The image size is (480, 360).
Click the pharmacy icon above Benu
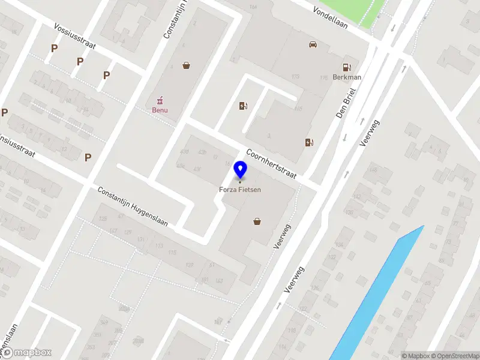tap(160, 101)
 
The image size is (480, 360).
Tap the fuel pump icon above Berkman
tap(346, 67)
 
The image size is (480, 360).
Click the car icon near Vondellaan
tap(312, 44)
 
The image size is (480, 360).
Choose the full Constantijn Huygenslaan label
tap(133, 206)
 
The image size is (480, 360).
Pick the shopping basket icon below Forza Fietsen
tap(257, 221)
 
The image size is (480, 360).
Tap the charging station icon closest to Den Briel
tap(308, 142)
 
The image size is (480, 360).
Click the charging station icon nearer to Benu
tap(242, 106)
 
